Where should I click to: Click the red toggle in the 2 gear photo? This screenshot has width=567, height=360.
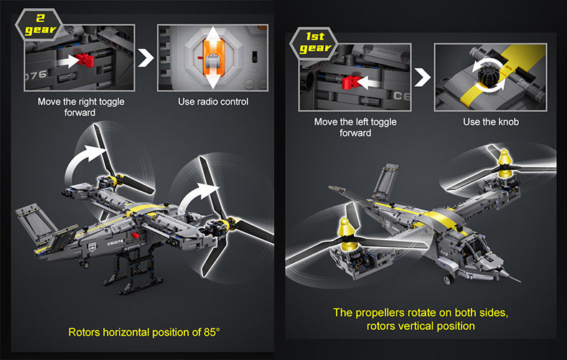(x=85, y=60)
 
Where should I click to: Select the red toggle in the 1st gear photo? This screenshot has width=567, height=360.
(x=351, y=82)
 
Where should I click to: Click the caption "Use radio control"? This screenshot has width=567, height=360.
(x=213, y=102)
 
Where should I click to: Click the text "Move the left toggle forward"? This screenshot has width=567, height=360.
(x=355, y=127)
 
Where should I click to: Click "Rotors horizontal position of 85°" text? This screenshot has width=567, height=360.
(x=144, y=333)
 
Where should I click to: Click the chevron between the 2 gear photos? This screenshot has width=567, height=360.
(x=146, y=57)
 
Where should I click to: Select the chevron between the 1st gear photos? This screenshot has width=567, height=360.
(x=422, y=77)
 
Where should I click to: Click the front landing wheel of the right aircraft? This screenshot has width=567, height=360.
(x=449, y=280)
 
